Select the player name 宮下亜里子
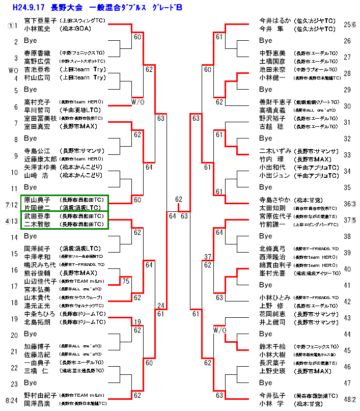click(40, 20)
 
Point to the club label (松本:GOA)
click(77, 29)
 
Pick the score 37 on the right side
click(207, 257)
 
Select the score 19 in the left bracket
click(137, 321)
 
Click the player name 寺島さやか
click(276, 200)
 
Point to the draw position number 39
click(347, 253)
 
